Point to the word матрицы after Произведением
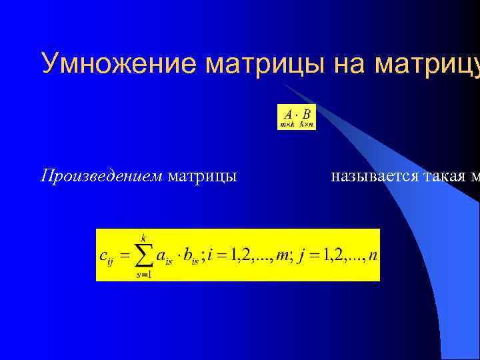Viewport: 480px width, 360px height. pos(203,177)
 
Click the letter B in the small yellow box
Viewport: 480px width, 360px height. pos(305,114)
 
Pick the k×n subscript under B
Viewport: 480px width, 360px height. pos(307,124)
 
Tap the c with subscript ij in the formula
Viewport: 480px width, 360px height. pos(107,257)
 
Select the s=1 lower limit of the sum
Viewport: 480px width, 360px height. pos(143,275)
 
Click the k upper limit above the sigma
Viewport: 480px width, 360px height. pos(143,236)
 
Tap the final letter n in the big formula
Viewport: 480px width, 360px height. pos(372,256)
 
